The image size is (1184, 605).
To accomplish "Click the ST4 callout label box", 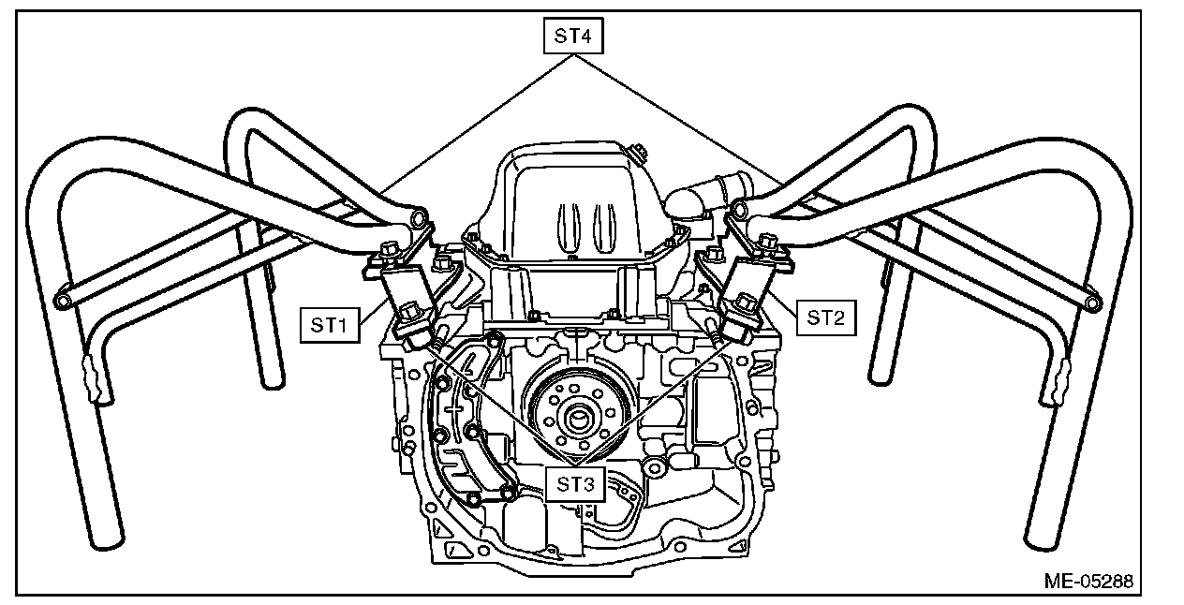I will pos(571,37).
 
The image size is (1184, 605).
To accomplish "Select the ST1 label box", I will pos(330,325).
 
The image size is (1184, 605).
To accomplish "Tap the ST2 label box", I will pos(825,317).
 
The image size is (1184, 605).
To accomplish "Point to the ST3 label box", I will pos(575,484).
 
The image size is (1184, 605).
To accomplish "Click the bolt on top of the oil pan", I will pos(638,150).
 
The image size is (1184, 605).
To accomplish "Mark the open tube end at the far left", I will pos(63,302).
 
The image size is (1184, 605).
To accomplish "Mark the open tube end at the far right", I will pos(1091,302).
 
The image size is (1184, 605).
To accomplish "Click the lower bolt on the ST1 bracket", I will pos(411,311).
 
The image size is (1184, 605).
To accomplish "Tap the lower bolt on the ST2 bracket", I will pos(747,302).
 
